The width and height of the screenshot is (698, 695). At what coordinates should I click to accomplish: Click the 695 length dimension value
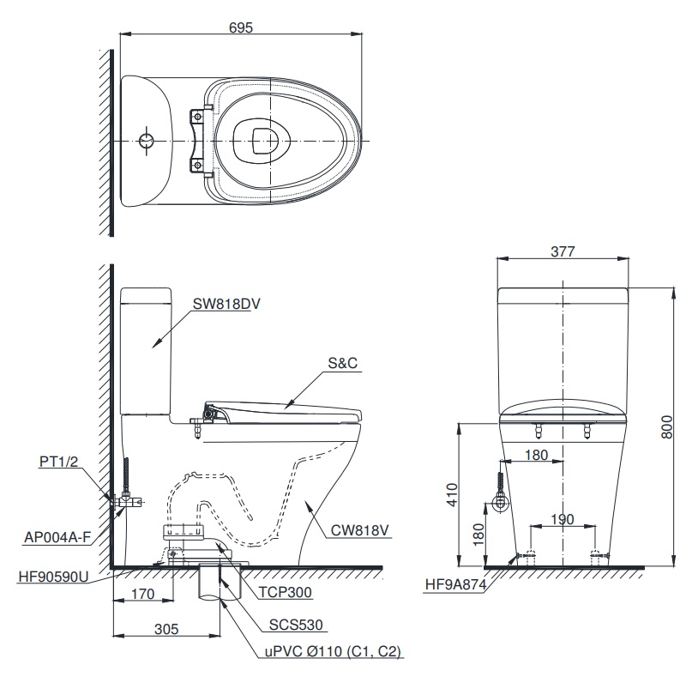tap(241, 27)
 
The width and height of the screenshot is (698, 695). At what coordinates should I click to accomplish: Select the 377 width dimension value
tap(563, 251)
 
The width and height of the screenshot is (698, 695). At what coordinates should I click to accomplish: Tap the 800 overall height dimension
tap(679, 425)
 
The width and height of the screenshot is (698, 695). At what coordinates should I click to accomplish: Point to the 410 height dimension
tap(451, 493)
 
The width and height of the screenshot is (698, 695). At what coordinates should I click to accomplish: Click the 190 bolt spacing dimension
tap(562, 518)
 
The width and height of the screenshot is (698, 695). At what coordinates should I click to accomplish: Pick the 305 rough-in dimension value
tap(167, 629)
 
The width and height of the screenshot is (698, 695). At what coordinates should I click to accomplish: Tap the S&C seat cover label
tap(342, 364)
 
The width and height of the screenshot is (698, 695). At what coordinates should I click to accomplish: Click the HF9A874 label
tap(460, 586)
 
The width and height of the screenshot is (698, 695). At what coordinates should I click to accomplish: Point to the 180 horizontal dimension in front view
tap(535, 456)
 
